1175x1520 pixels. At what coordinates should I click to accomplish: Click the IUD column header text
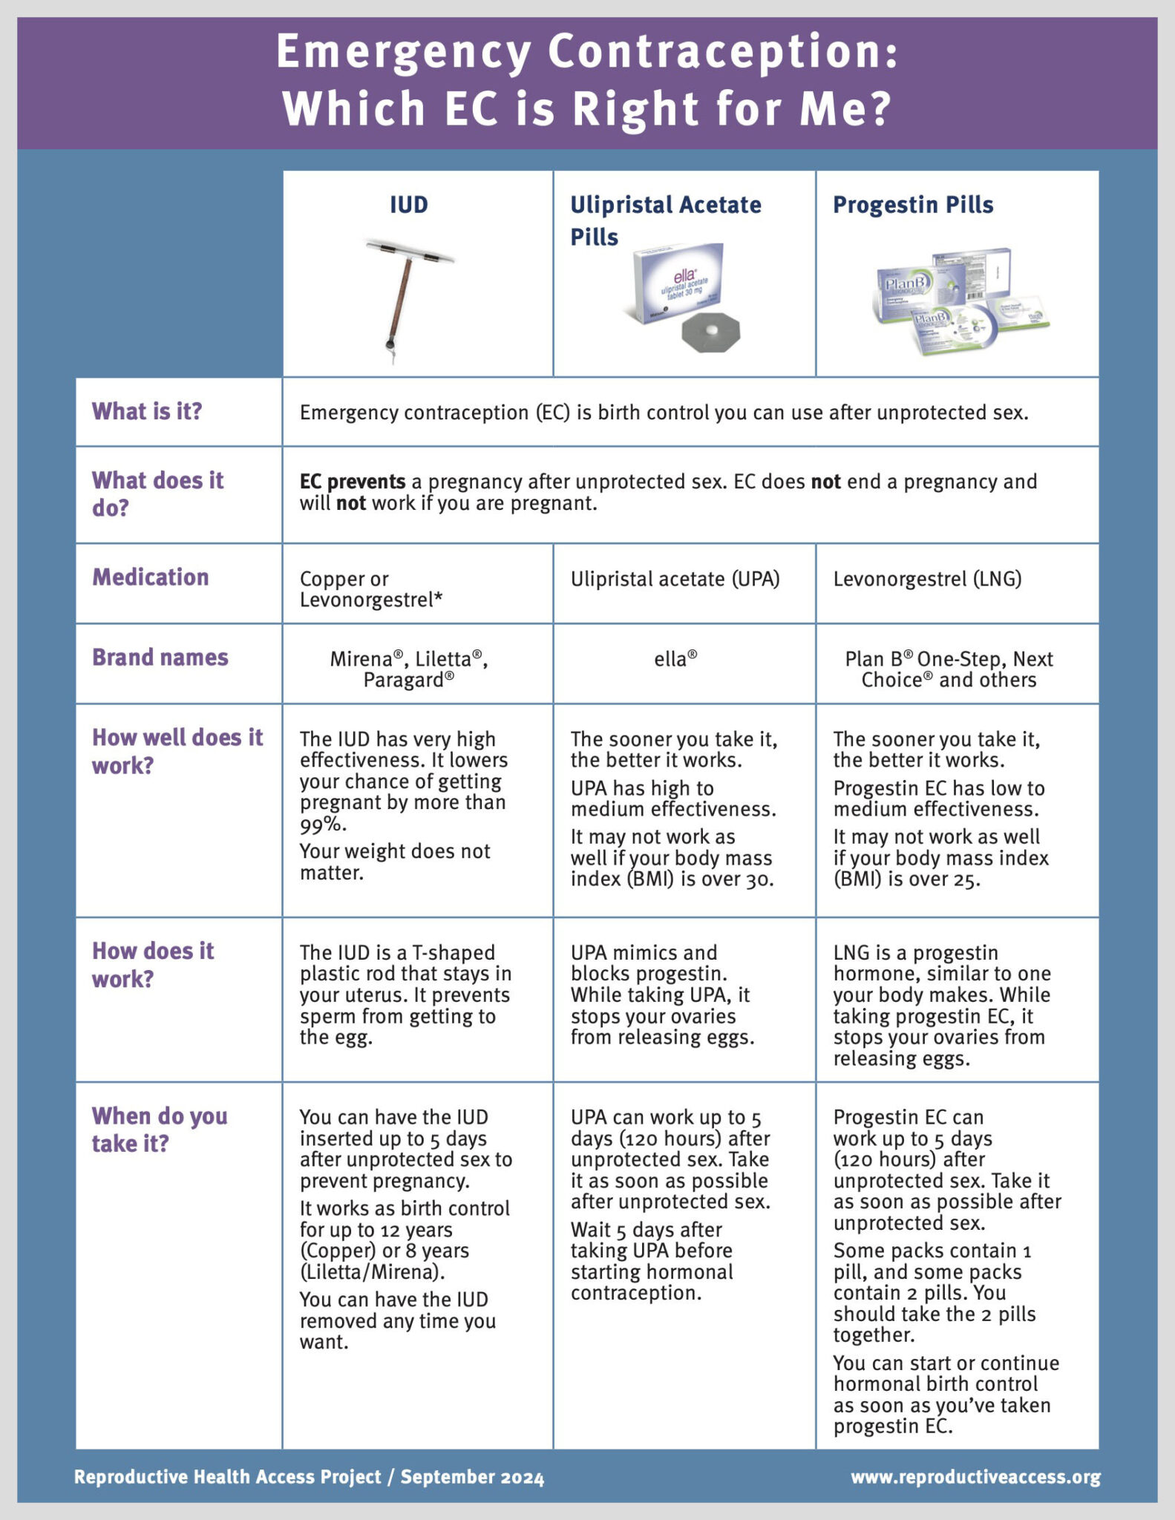pos(409,205)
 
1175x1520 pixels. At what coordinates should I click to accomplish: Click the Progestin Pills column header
pos(912,205)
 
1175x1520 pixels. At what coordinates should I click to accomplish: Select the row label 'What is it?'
pos(147,412)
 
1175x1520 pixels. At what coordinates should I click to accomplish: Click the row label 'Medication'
pos(151,577)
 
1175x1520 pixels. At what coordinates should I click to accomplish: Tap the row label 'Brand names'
pos(160,658)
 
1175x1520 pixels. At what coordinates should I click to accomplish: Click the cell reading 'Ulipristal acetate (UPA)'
pos(675,579)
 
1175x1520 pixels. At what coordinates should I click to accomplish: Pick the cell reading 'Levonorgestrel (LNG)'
pos(927,579)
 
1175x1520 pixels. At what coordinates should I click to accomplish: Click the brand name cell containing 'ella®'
pos(675,659)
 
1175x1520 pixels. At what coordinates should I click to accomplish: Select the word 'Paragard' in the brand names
pos(404,680)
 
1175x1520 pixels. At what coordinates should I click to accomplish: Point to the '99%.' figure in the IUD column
pos(323,825)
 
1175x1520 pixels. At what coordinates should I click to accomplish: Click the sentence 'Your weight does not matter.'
pos(394,862)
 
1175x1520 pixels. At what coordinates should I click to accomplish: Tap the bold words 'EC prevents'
pos(353,482)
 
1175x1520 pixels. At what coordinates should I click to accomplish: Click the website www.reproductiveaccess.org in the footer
pos(975,1477)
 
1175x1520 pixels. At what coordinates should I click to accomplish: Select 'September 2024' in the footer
pos(472,1477)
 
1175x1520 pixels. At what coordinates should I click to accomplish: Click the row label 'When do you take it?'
pos(160,1130)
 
